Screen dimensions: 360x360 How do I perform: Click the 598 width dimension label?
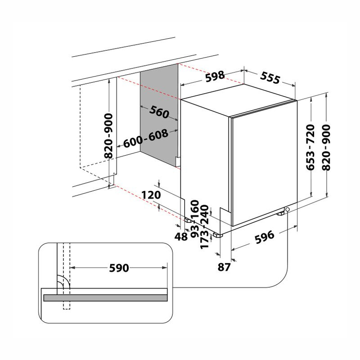point(215,76)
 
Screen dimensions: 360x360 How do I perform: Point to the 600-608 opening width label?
point(145,138)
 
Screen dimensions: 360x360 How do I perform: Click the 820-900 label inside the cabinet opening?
point(108,135)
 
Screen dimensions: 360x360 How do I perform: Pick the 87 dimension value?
point(224,267)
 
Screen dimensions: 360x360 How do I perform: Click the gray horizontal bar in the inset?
point(105,297)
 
